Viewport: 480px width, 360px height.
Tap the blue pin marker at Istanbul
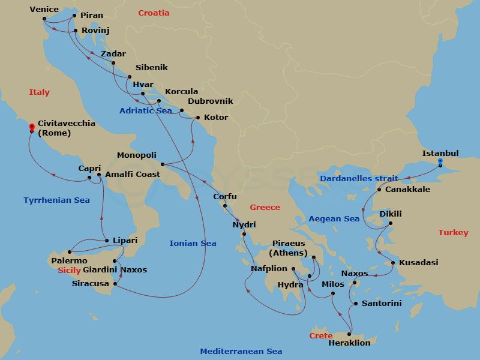[440, 162]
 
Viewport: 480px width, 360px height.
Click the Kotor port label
[216, 118]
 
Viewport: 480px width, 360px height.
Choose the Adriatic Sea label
[146, 111]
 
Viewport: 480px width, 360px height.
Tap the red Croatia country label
[154, 13]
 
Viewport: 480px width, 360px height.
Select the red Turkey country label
[453, 232]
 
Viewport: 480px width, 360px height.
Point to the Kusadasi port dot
[392, 263]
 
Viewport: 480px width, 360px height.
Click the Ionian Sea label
[193, 243]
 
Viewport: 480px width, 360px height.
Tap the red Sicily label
[68, 271]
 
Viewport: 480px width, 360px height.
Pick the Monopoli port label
[137, 155]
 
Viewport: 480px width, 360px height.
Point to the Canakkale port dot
[379, 190]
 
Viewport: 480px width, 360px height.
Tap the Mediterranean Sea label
[241, 352]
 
